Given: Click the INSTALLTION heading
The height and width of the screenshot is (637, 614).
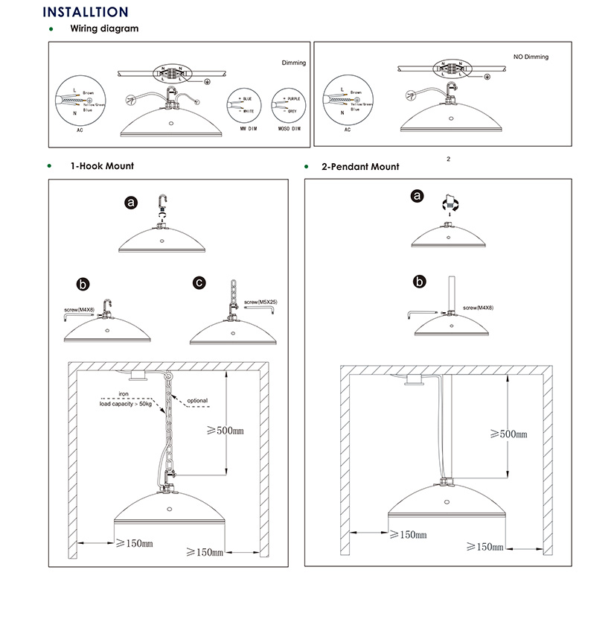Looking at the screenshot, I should point(86,12).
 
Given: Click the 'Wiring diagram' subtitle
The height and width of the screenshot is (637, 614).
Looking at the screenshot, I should point(104,29).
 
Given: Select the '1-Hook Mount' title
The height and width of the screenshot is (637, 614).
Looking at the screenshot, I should point(102,166).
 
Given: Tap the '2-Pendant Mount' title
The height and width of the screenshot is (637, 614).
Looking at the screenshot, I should point(360,167).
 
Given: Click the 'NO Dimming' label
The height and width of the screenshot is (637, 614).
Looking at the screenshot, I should point(531,57).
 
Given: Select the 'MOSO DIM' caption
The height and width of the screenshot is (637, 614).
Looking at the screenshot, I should point(287,129).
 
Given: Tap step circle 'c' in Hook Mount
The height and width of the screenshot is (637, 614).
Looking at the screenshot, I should point(199,282).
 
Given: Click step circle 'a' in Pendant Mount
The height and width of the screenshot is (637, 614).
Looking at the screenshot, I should point(418,196).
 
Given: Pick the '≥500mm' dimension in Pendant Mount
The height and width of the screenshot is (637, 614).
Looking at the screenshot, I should point(509,433).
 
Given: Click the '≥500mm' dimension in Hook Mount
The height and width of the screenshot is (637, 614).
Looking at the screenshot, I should point(224,431).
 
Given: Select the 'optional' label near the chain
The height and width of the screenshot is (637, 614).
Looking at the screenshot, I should point(197,401).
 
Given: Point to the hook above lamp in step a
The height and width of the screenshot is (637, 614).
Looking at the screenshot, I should point(163,204).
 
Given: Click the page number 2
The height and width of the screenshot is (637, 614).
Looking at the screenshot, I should point(449,159).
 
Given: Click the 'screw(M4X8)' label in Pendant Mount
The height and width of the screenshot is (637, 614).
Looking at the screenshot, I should point(478,307).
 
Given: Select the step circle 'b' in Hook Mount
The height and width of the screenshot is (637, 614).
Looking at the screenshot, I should point(83,284).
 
